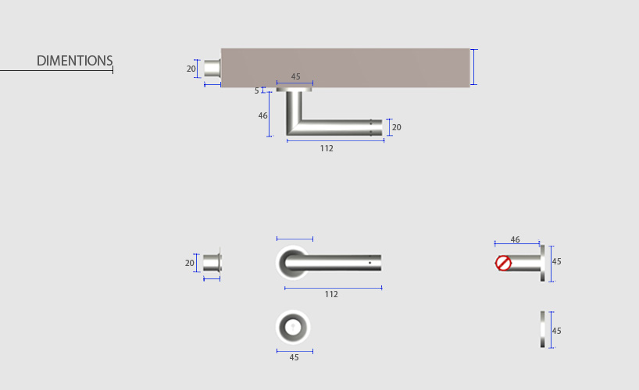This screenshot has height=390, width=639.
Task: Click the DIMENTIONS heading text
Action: pyautogui.click(x=74, y=61)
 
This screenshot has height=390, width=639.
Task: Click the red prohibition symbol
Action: pyautogui.click(x=503, y=263)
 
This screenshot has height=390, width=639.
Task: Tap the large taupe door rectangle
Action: pyautogui.click(x=345, y=68)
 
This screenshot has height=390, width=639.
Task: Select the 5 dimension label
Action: pyautogui.click(x=257, y=90)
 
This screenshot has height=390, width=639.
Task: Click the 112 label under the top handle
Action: pyautogui.click(x=327, y=149)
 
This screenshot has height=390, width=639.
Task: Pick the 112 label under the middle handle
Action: pyautogui.click(x=331, y=294)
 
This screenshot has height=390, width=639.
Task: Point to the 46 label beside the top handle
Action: pyautogui.click(x=262, y=115)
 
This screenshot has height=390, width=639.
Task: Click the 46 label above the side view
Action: pyautogui.click(x=515, y=239)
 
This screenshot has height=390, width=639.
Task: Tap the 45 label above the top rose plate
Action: pyautogui.click(x=295, y=76)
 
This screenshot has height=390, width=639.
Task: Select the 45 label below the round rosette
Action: pyautogui.click(x=295, y=357)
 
